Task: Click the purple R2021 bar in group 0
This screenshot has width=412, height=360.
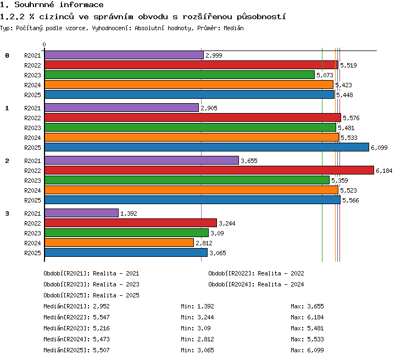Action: coord(124,55)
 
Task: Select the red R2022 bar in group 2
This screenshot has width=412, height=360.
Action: coord(209,170)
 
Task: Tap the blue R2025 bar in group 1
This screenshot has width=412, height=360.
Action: coord(207,147)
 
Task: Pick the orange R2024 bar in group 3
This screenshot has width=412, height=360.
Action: coord(119,243)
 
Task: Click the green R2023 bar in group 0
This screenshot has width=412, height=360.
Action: coord(180,75)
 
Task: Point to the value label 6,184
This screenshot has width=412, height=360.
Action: coord(384,171)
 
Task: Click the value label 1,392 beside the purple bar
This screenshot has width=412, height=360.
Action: coord(129,213)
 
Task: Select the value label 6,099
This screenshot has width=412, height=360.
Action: coord(379,148)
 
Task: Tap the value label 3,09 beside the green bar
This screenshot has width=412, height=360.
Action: coord(217,233)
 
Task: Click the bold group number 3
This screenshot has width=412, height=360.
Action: coord(7,213)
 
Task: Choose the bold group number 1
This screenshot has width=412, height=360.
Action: coord(7,108)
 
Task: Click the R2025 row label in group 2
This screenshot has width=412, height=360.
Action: coord(32,200)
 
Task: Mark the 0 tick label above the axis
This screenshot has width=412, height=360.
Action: coord(44,44)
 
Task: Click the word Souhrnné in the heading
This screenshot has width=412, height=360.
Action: coord(34,4)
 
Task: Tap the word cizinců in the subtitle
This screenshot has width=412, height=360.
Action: coord(57,16)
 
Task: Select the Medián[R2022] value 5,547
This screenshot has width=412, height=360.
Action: coord(101,317)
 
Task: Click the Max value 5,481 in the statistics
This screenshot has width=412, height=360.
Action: coord(315,328)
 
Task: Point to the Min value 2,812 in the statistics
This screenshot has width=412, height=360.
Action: coord(205,339)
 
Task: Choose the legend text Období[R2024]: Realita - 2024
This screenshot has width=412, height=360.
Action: coord(256,284)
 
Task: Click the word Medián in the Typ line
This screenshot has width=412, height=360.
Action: coord(233,28)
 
